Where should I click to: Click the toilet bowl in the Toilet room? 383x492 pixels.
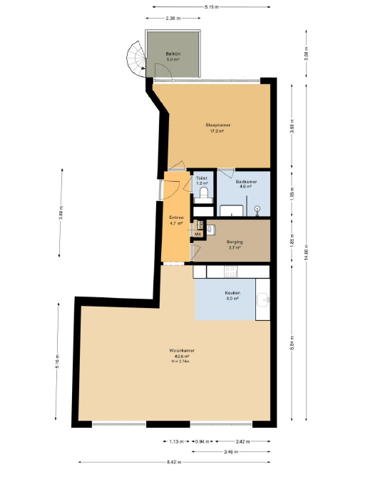pyautogui.click(x=204, y=193)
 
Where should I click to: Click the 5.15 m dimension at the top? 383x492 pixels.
pyautogui.click(x=211, y=6)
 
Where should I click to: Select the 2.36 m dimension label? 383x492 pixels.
pyautogui.click(x=171, y=17)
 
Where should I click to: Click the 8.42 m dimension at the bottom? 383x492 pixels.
pyautogui.click(x=173, y=463)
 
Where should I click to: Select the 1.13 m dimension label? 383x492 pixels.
pyautogui.click(x=175, y=441)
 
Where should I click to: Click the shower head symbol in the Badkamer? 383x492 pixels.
pyautogui.click(x=257, y=209)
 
